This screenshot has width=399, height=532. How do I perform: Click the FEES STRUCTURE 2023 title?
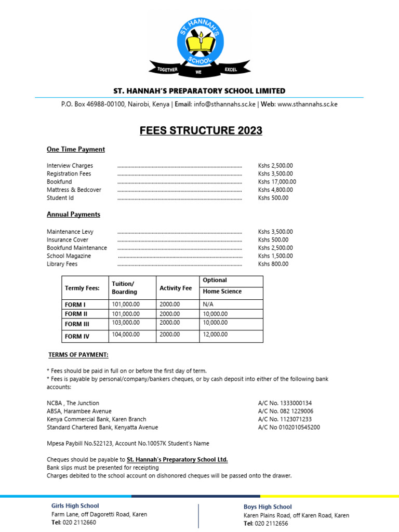coord(201,130)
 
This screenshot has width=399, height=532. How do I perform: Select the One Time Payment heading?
coord(76,150)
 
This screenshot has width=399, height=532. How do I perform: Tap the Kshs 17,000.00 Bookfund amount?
coord(277,182)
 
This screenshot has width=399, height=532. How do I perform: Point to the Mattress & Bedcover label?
coord(74,190)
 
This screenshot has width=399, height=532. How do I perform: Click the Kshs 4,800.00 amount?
coord(275,190)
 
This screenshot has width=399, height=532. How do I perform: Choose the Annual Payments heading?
coord(73,214)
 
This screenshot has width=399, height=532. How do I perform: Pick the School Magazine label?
coord(69,256)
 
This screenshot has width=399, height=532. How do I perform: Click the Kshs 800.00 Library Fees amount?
coord(273,264)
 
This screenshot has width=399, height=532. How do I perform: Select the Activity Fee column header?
coord(176,288)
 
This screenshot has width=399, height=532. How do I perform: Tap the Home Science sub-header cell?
coord(222,291)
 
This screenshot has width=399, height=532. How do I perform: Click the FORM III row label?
coord(77,325)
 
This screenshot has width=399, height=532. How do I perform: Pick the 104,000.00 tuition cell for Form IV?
coord(126,335)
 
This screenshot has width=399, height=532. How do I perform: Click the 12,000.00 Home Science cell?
coord(215,335)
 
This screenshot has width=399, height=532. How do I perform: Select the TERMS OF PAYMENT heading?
coord(78,355)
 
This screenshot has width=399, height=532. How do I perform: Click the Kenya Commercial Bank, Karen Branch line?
coord(96,419)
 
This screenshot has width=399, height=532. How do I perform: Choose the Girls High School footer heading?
coord(75,506)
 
